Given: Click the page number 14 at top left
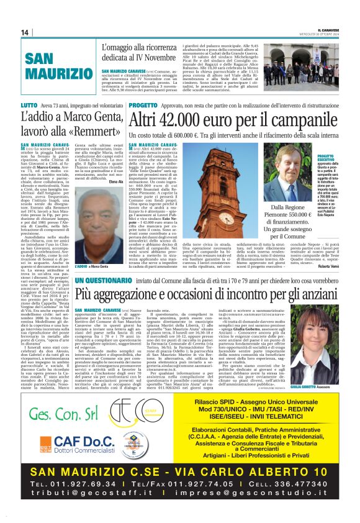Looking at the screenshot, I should pyautogui.click(x=25, y=32).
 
